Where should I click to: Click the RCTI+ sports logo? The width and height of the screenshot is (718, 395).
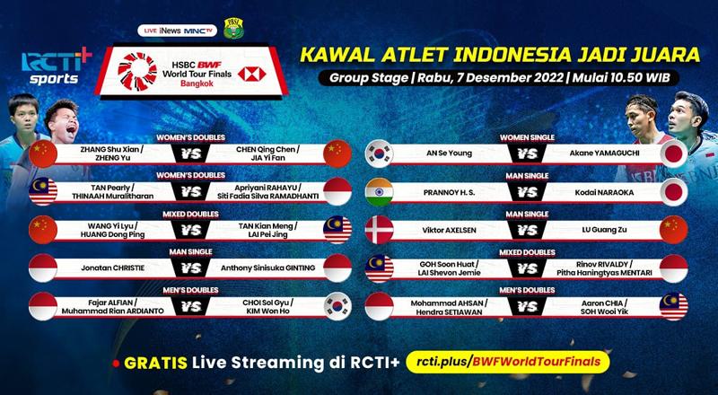[x=57, y=67]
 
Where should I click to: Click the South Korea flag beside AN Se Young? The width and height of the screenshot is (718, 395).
[x=379, y=154]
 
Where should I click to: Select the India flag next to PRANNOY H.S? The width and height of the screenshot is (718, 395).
[x=379, y=192]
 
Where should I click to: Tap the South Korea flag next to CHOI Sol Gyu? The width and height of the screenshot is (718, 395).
[x=337, y=305]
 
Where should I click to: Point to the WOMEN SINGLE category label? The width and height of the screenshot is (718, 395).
[x=527, y=137]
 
